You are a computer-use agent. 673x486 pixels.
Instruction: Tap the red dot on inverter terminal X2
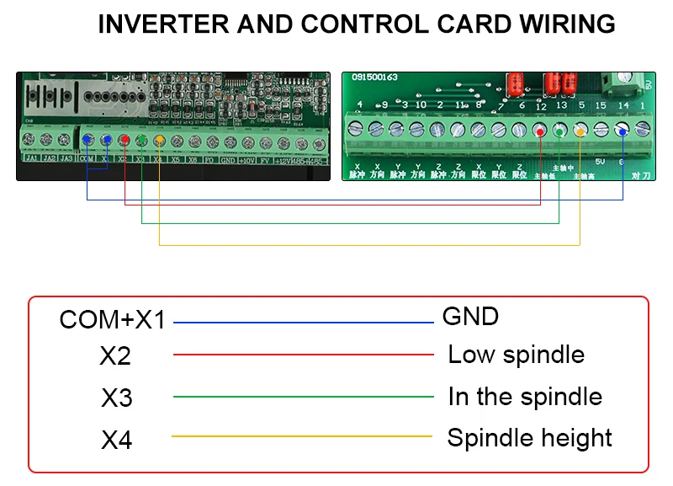[x=125, y=141]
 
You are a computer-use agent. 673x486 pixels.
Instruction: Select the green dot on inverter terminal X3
[x=142, y=141]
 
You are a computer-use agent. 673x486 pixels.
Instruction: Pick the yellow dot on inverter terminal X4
[x=160, y=141]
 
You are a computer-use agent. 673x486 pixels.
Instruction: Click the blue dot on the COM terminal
[x=87, y=141]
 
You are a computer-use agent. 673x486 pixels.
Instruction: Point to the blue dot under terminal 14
[x=623, y=131]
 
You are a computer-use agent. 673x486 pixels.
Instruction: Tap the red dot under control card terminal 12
[x=539, y=131]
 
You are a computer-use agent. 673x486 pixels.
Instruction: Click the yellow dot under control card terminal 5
[x=580, y=131]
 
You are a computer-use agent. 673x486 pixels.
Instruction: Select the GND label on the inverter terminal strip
[x=228, y=158]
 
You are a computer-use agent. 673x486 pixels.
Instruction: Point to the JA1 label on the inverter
[x=31, y=158]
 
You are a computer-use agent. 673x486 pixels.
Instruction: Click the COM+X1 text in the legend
[x=112, y=320]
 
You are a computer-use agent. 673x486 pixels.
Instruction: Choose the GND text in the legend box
[x=470, y=317]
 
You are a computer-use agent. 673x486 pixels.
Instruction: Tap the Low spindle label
[x=516, y=354]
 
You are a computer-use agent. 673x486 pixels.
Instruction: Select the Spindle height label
[x=529, y=438]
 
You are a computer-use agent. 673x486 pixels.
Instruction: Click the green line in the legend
[x=303, y=397]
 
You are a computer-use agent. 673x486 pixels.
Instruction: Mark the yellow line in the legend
[x=303, y=436]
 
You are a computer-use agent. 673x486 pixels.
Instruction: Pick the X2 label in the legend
[x=115, y=356]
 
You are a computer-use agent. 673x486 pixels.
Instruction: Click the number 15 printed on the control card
[x=601, y=106]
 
